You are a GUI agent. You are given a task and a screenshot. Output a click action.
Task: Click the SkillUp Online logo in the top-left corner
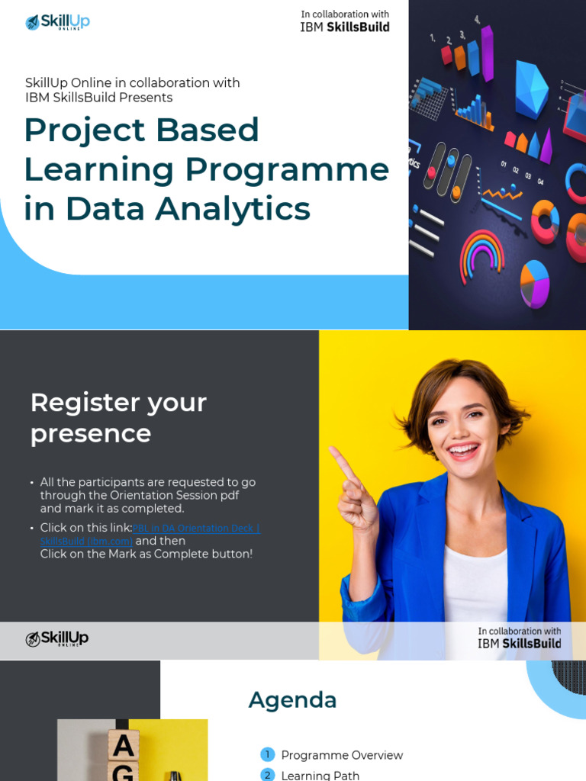click(57, 22)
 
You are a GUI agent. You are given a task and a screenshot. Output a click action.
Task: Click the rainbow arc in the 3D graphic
click(481, 252)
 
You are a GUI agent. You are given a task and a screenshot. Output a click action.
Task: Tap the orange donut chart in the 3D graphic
click(545, 220)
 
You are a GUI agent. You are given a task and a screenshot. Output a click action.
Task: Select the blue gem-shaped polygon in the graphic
click(532, 88)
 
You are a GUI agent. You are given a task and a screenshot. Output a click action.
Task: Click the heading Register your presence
click(118, 417)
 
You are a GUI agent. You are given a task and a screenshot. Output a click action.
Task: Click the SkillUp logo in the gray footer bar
click(57, 639)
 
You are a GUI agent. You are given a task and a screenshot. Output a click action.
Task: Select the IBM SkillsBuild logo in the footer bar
click(519, 638)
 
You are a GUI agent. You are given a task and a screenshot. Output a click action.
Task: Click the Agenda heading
click(292, 699)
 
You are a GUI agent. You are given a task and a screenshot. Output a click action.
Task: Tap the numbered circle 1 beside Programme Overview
click(267, 755)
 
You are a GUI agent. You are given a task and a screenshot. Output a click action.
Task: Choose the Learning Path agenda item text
click(320, 775)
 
